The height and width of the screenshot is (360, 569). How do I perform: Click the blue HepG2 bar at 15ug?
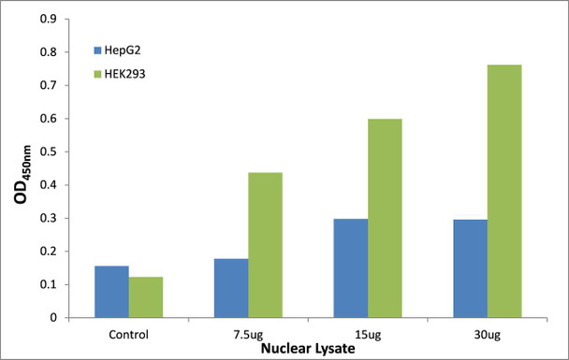[351, 268]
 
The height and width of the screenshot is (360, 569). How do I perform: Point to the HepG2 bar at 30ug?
[471, 268]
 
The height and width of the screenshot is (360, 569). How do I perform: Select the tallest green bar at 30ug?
[504, 191]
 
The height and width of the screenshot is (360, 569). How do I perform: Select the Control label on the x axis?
[128, 333]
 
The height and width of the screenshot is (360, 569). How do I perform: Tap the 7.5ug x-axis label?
[248, 333]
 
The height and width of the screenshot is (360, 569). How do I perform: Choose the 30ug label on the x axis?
[488, 333]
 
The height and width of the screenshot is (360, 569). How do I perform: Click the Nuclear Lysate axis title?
[308, 348]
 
